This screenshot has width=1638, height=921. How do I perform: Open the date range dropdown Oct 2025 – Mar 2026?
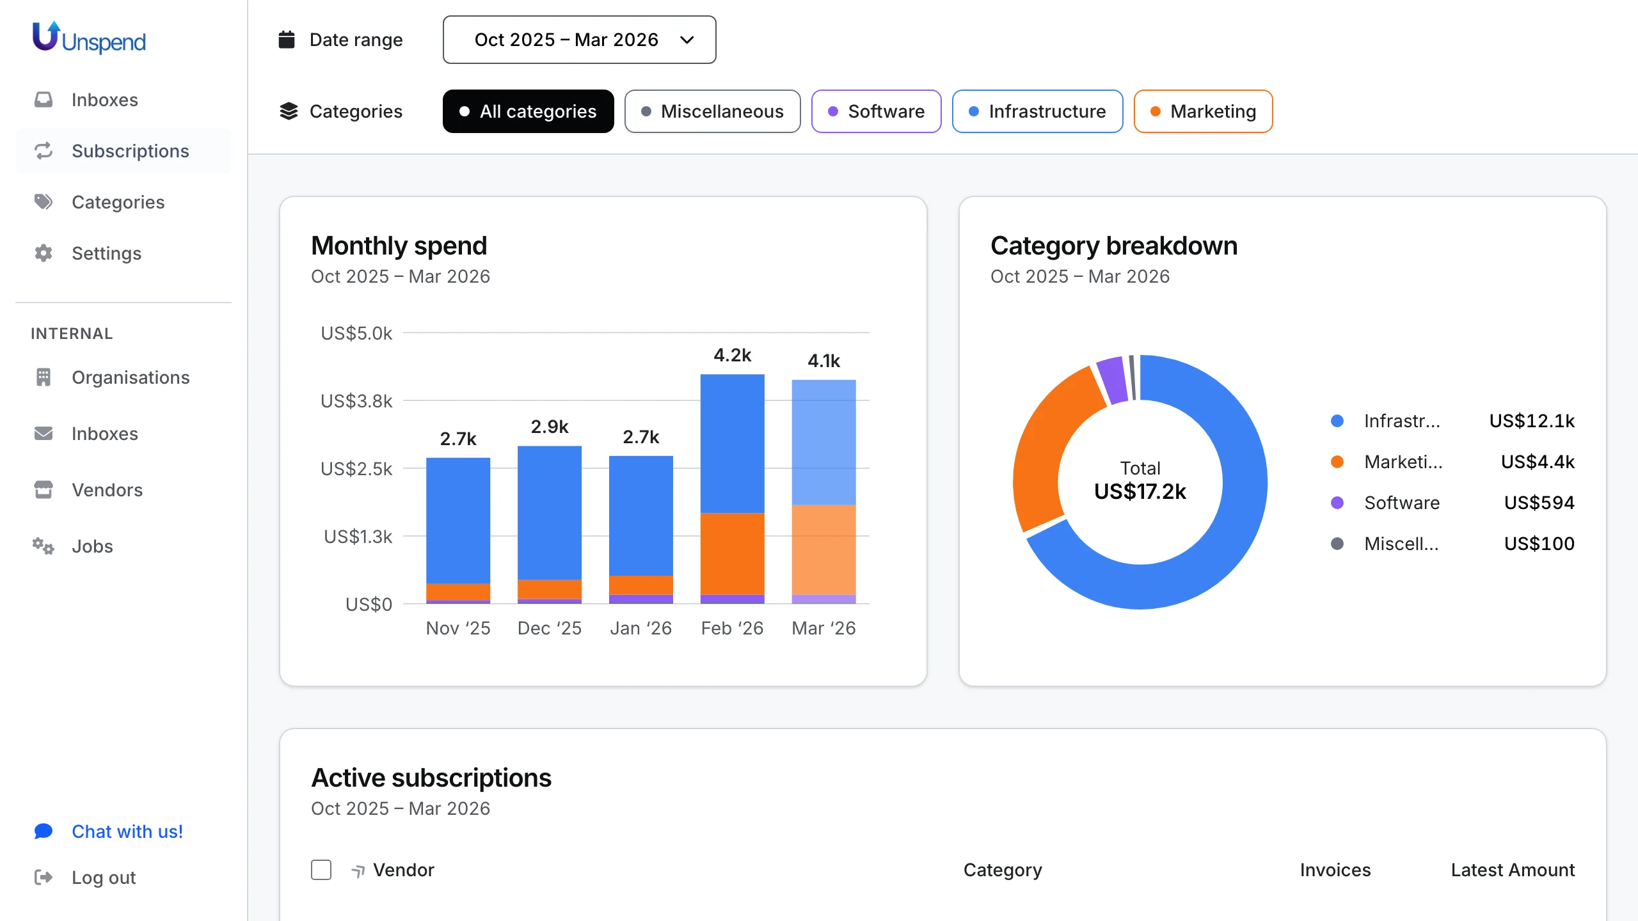click(579, 40)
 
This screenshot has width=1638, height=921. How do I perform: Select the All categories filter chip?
click(528, 111)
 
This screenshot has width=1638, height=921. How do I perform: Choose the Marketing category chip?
click(1203, 111)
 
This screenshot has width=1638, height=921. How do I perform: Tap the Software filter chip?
click(876, 111)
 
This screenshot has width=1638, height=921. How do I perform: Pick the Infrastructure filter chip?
click(1037, 111)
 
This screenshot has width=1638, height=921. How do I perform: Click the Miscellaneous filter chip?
click(712, 111)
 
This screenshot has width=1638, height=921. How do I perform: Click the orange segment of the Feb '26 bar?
click(732, 553)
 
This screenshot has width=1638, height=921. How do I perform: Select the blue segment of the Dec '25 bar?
click(549, 512)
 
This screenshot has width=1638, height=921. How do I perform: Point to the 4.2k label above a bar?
click(732, 355)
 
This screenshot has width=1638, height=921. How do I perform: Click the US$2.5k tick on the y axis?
click(356, 469)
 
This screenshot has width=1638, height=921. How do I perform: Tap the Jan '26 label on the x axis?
click(640, 628)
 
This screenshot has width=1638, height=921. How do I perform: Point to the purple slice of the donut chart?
click(1112, 380)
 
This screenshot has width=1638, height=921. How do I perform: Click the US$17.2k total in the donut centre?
click(1140, 491)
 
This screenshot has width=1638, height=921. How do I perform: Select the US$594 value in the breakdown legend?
click(1539, 503)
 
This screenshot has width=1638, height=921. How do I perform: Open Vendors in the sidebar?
click(107, 490)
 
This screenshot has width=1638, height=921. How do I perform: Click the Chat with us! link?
click(127, 831)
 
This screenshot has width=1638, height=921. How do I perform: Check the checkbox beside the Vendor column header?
click(321, 870)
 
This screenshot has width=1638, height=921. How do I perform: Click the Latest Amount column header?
click(1513, 870)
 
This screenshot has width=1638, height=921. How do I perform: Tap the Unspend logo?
click(90, 38)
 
